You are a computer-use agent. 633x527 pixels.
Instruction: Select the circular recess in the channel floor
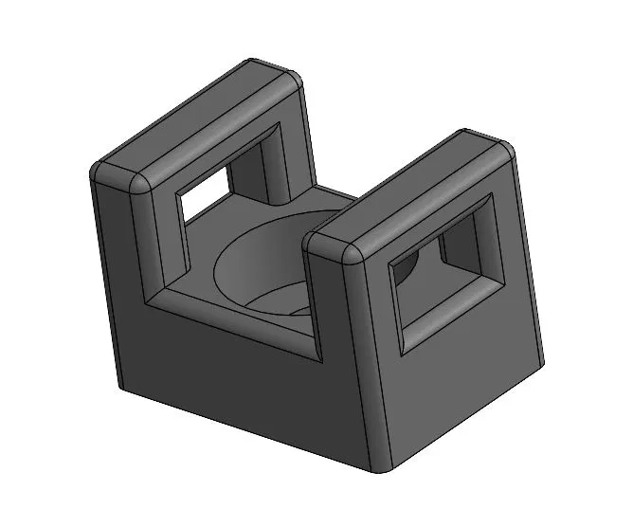pyautogui.click(x=261, y=265)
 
